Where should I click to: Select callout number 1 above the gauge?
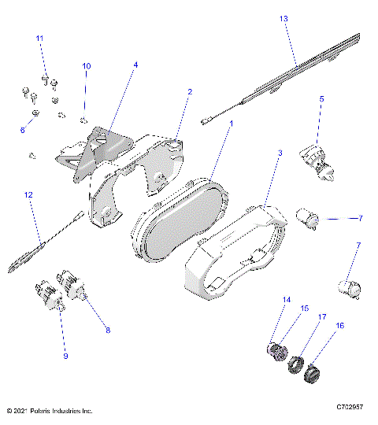pos(231,124)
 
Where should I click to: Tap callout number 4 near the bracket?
pos(135,65)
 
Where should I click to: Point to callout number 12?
pos(28,194)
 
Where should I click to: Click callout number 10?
pos(87,66)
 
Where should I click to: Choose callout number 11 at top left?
pos(39,39)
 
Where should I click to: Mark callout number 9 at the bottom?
pos(66,357)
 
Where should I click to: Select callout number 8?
pos(107,332)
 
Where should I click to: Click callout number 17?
pos(322,318)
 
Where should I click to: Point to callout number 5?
pos(321,99)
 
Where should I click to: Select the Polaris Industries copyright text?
pos(49,411)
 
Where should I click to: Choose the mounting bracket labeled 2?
pos(150,165)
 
